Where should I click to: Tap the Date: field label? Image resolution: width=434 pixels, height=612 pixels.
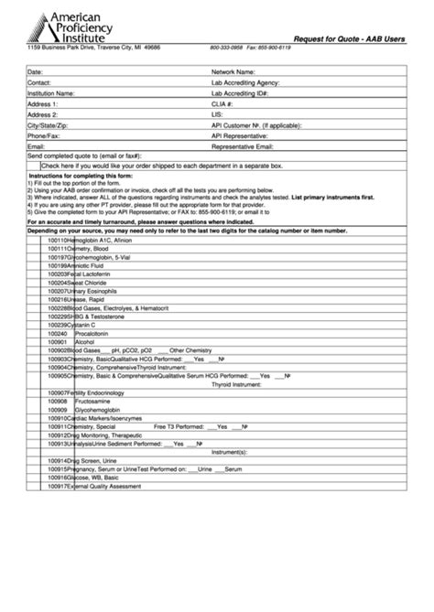coord(36,70)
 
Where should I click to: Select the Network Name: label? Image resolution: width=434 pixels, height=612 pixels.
coord(233,70)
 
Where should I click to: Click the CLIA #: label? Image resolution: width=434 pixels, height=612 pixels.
coord(224,104)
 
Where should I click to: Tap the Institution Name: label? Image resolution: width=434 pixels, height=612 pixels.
coord(51,93)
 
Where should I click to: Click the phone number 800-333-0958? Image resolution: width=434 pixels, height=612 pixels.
coord(226,47)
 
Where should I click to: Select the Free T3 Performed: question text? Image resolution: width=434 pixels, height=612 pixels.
coord(179,426)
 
